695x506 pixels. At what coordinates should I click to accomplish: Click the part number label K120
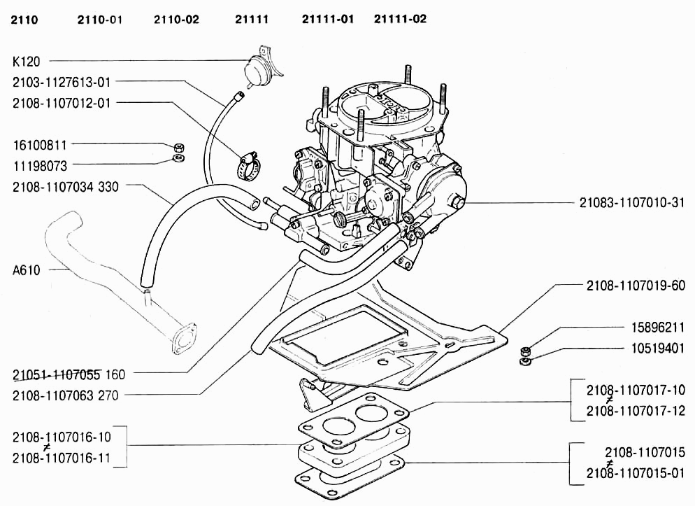click(x=26, y=62)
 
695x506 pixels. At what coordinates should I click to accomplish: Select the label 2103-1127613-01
click(x=62, y=82)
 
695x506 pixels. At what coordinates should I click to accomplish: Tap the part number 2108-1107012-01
click(x=62, y=103)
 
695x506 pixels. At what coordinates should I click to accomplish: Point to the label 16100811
click(x=40, y=146)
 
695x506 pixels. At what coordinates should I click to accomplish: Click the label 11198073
click(x=40, y=166)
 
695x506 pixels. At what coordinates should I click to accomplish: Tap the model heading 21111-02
click(x=400, y=19)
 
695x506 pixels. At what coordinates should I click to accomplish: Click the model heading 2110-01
click(x=99, y=20)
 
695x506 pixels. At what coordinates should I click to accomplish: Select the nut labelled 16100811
click(x=179, y=148)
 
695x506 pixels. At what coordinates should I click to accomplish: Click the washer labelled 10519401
click(x=525, y=362)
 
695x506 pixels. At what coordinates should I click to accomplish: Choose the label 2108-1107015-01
click(x=636, y=472)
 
